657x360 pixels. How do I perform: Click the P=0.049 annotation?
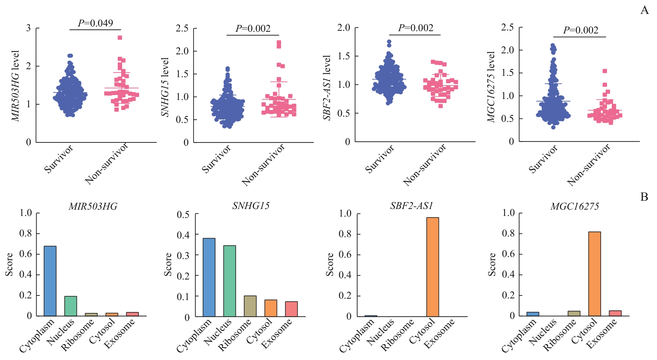(x=95, y=23)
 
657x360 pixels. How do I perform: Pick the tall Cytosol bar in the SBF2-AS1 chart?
(x=433, y=267)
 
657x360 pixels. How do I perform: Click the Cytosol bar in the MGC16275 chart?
(x=594, y=274)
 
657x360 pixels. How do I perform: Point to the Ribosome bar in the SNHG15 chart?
(x=250, y=306)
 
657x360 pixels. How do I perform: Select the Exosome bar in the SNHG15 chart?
(x=291, y=309)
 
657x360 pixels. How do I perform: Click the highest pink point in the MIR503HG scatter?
(x=120, y=38)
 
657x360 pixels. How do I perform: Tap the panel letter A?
(x=644, y=10)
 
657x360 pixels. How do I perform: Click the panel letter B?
(x=644, y=197)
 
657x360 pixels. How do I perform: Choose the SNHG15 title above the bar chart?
(x=251, y=206)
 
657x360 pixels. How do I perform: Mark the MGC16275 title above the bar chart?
(x=575, y=207)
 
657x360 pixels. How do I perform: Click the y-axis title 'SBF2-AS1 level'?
(x=327, y=88)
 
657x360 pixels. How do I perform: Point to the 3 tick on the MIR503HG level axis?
(x=28, y=28)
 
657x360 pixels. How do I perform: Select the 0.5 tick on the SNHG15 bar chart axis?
(x=183, y=215)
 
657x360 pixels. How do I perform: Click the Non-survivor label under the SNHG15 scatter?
(x=263, y=165)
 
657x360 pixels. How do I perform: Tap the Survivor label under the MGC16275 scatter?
(x=543, y=159)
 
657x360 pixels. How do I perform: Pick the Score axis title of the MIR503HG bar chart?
(x=9, y=264)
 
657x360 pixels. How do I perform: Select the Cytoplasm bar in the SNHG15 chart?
(x=209, y=278)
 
